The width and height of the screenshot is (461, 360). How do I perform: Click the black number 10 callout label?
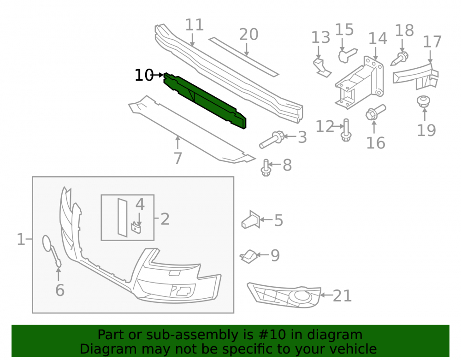(x=144, y=75)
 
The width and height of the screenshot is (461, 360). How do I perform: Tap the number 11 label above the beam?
(x=195, y=25)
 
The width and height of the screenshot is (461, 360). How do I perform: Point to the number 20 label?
(x=249, y=35)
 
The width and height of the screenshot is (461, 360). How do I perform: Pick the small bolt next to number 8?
(x=266, y=168)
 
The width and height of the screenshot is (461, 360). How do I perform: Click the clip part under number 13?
(x=322, y=68)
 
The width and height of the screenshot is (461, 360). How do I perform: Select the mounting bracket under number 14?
(x=360, y=83)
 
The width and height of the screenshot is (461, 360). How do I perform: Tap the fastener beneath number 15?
(x=348, y=55)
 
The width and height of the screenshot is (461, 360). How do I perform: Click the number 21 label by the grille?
(x=342, y=296)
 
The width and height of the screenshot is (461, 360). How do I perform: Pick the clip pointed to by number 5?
(x=251, y=219)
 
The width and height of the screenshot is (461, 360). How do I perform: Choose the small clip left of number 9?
(x=249, y=257)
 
